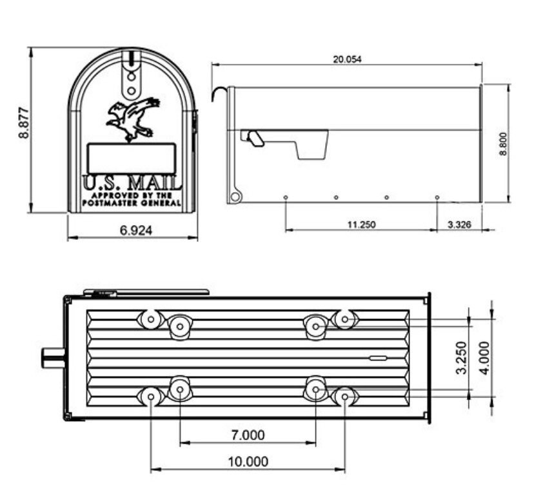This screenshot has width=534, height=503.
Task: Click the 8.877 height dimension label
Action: point(24,123)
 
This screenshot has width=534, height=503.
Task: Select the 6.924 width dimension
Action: point(136,231)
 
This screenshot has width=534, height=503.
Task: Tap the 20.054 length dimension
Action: point(347,59)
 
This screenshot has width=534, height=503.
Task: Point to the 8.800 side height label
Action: point(503,144)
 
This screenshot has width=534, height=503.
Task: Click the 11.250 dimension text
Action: point(361,225)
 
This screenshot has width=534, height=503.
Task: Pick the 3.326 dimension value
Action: point(459,225)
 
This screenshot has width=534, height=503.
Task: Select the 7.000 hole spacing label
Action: point(248,435)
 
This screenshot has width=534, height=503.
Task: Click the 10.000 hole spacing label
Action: point(248,462)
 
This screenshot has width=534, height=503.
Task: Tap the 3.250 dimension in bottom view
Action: point(461,358)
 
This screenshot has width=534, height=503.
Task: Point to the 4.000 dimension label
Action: point(484,358)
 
